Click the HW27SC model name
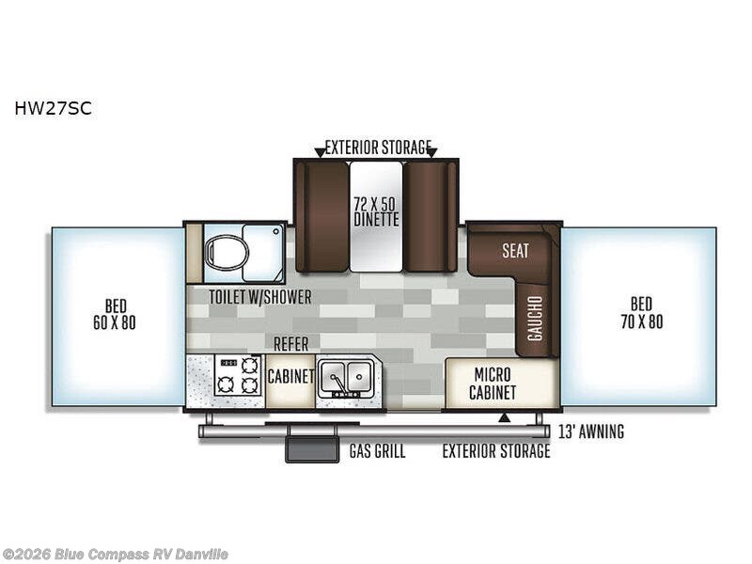pos(53,108)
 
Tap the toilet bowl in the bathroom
pos(227,251)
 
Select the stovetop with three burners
pos(239,375)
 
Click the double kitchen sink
pos(346,378)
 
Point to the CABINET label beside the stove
pos(290,377)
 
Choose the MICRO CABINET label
pos(493,384)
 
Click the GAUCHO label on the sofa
pos(535,318)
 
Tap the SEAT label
pos(515,250)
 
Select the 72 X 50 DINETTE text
pos(377,211)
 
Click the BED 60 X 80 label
pos(115,314)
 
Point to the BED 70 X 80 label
pos(642,313)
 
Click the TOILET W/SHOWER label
pos(260,297)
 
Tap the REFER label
pos(290,344)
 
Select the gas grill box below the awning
pos(312,449)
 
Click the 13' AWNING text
pos(591,431)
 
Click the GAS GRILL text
pos(378,451)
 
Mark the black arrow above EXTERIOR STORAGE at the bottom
pos(503,418)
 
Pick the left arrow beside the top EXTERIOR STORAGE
pos(320,153)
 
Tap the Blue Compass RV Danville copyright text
pos(114,555)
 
